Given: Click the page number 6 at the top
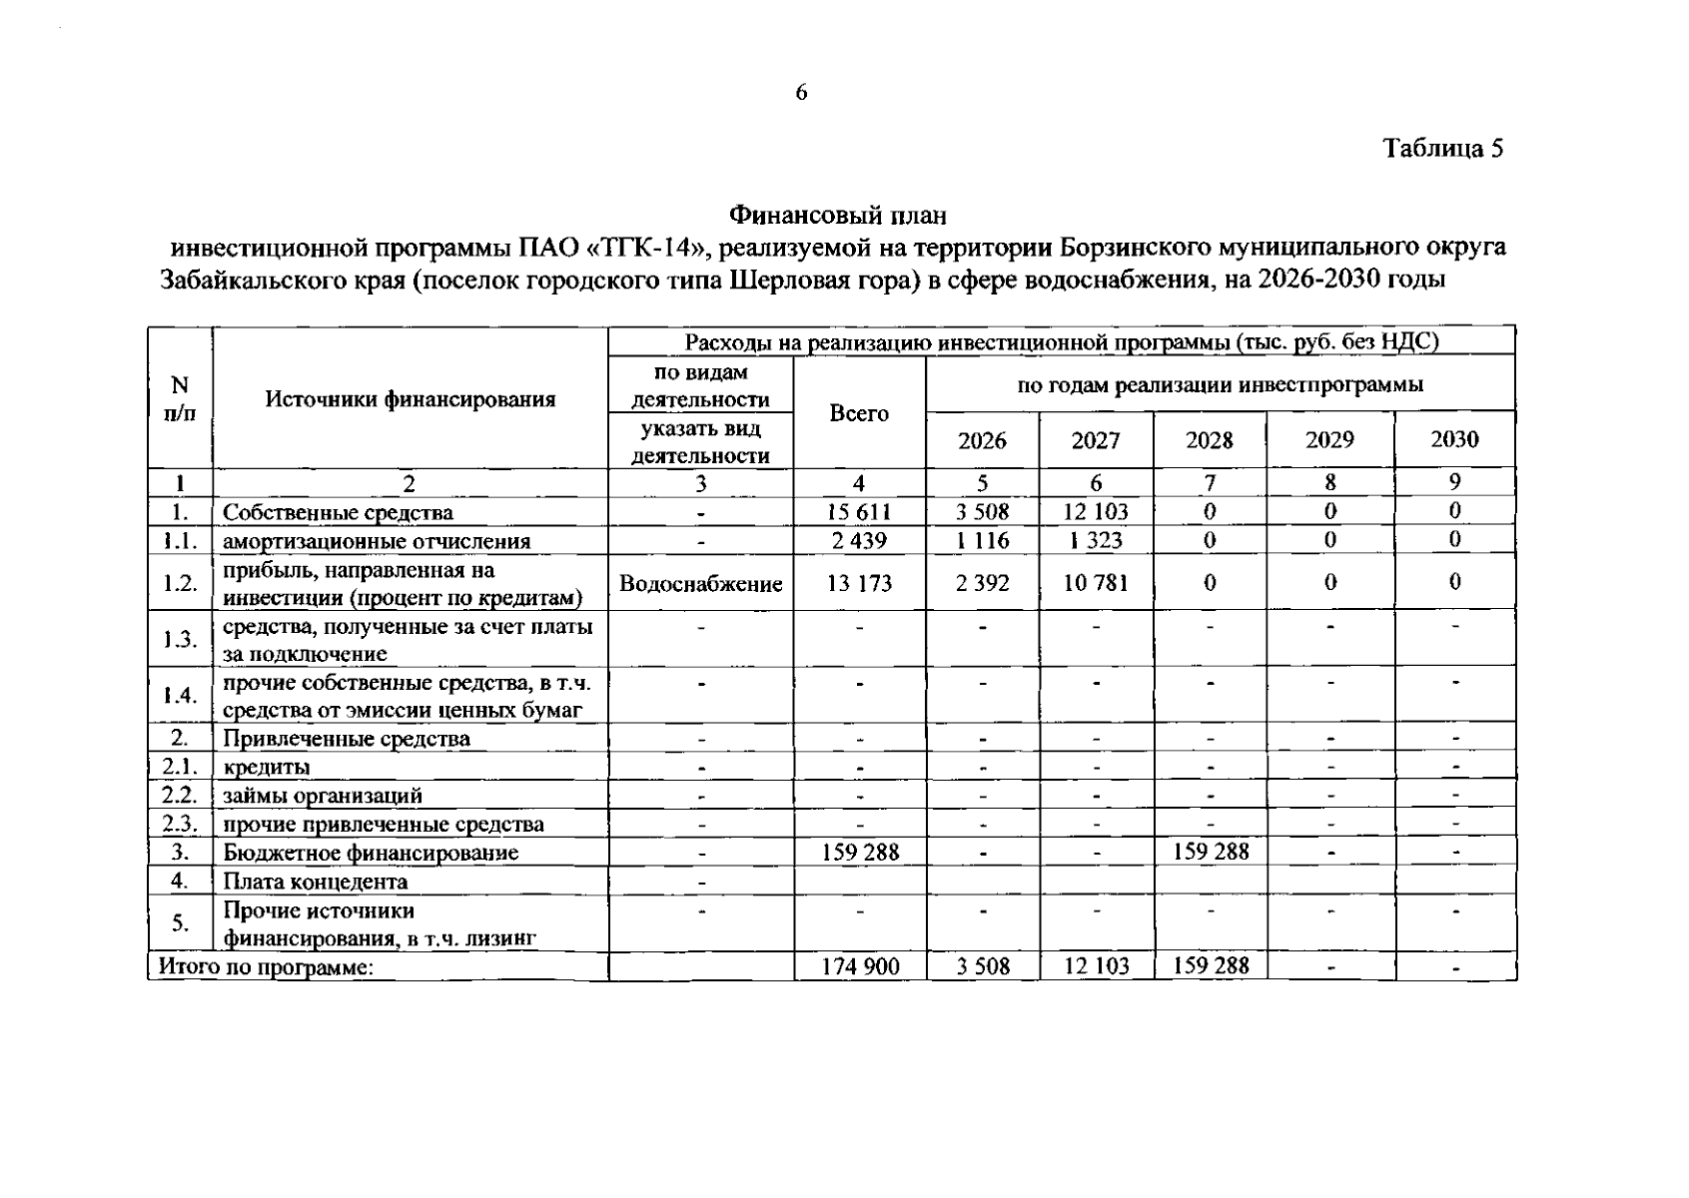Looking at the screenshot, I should pos(801,93).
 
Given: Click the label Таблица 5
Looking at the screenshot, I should pos(1442,149).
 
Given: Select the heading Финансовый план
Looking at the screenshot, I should pos(837,215).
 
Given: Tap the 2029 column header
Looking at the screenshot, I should pos(1329,440).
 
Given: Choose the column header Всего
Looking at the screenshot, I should pos(859,413).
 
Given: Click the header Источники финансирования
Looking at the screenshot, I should pos(410,399).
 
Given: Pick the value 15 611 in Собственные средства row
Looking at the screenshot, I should pos(859,512).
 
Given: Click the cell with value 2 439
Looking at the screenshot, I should pos(859,541).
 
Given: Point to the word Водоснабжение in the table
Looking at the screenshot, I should pos(700,584).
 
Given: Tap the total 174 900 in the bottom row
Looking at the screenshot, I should pos(860,966).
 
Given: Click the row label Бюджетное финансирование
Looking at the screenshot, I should pos(371,853).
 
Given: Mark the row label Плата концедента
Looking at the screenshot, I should pos(315,882).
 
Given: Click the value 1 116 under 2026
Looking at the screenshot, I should pos(982,541).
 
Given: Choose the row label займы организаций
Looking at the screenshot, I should pos(322,796).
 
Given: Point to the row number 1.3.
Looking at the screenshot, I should pos(180,640).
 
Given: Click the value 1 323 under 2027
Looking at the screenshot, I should pos(1095,541).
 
